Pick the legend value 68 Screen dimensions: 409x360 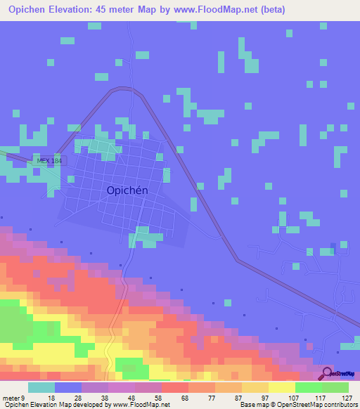[184, 397]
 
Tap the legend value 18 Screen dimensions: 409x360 [52, 397]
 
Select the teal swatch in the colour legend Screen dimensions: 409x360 [41, 387]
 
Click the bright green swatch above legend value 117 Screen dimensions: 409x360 [309, 387]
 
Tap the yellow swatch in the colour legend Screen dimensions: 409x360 [282, 387]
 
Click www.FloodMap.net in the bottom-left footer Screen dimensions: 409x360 [141, 405]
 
